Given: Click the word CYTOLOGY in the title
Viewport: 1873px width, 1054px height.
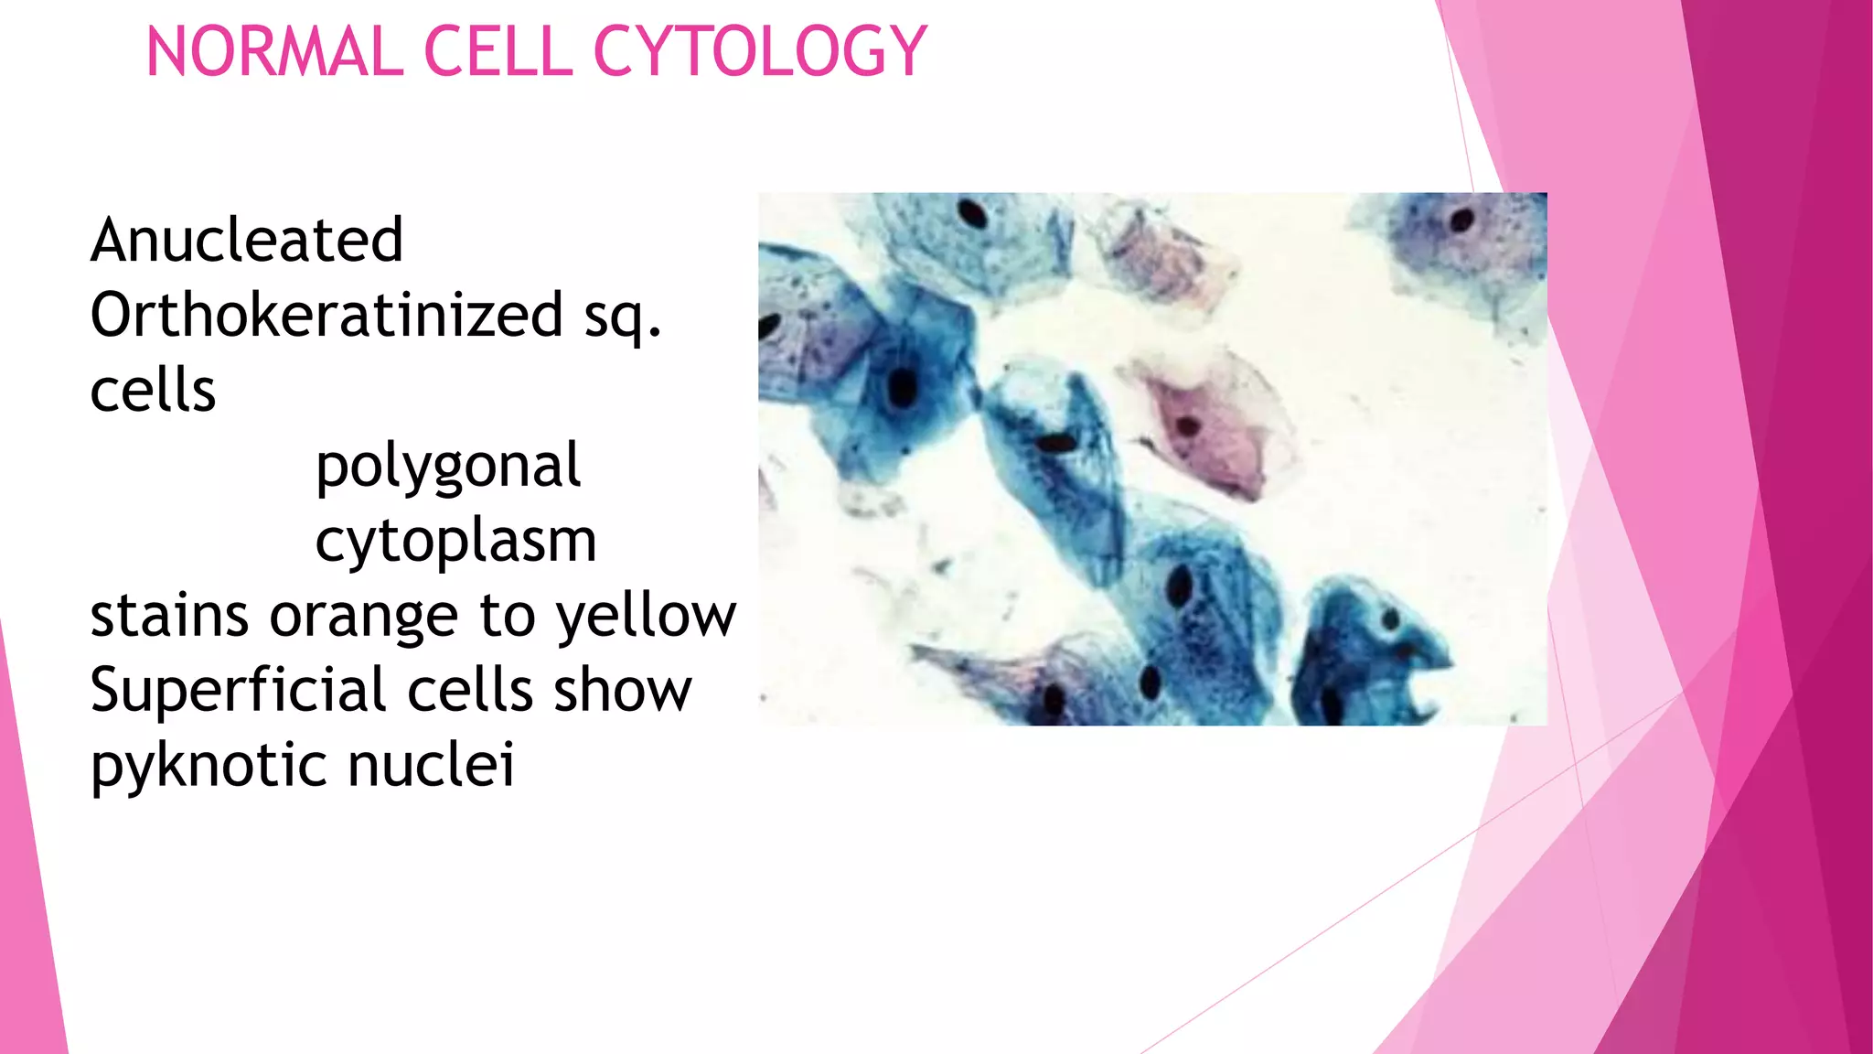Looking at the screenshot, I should (x=761, y=52).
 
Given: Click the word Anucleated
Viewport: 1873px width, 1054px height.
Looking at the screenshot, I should (x=247, y=240).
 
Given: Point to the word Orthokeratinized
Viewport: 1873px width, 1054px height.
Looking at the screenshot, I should (x=326, y=315).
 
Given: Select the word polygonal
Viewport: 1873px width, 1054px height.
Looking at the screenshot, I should (x=447, y=467).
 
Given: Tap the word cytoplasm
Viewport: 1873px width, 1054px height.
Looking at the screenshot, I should (x=455, y=542).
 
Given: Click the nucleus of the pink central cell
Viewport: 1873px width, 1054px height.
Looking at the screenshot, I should (x=1187, y=425).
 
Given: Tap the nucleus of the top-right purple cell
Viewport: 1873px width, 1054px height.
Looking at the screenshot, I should (x=1461, y=220).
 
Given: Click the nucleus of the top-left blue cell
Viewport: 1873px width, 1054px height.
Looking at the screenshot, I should (x=972, y=215).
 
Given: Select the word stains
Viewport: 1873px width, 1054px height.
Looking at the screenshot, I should (x=169, y=615).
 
